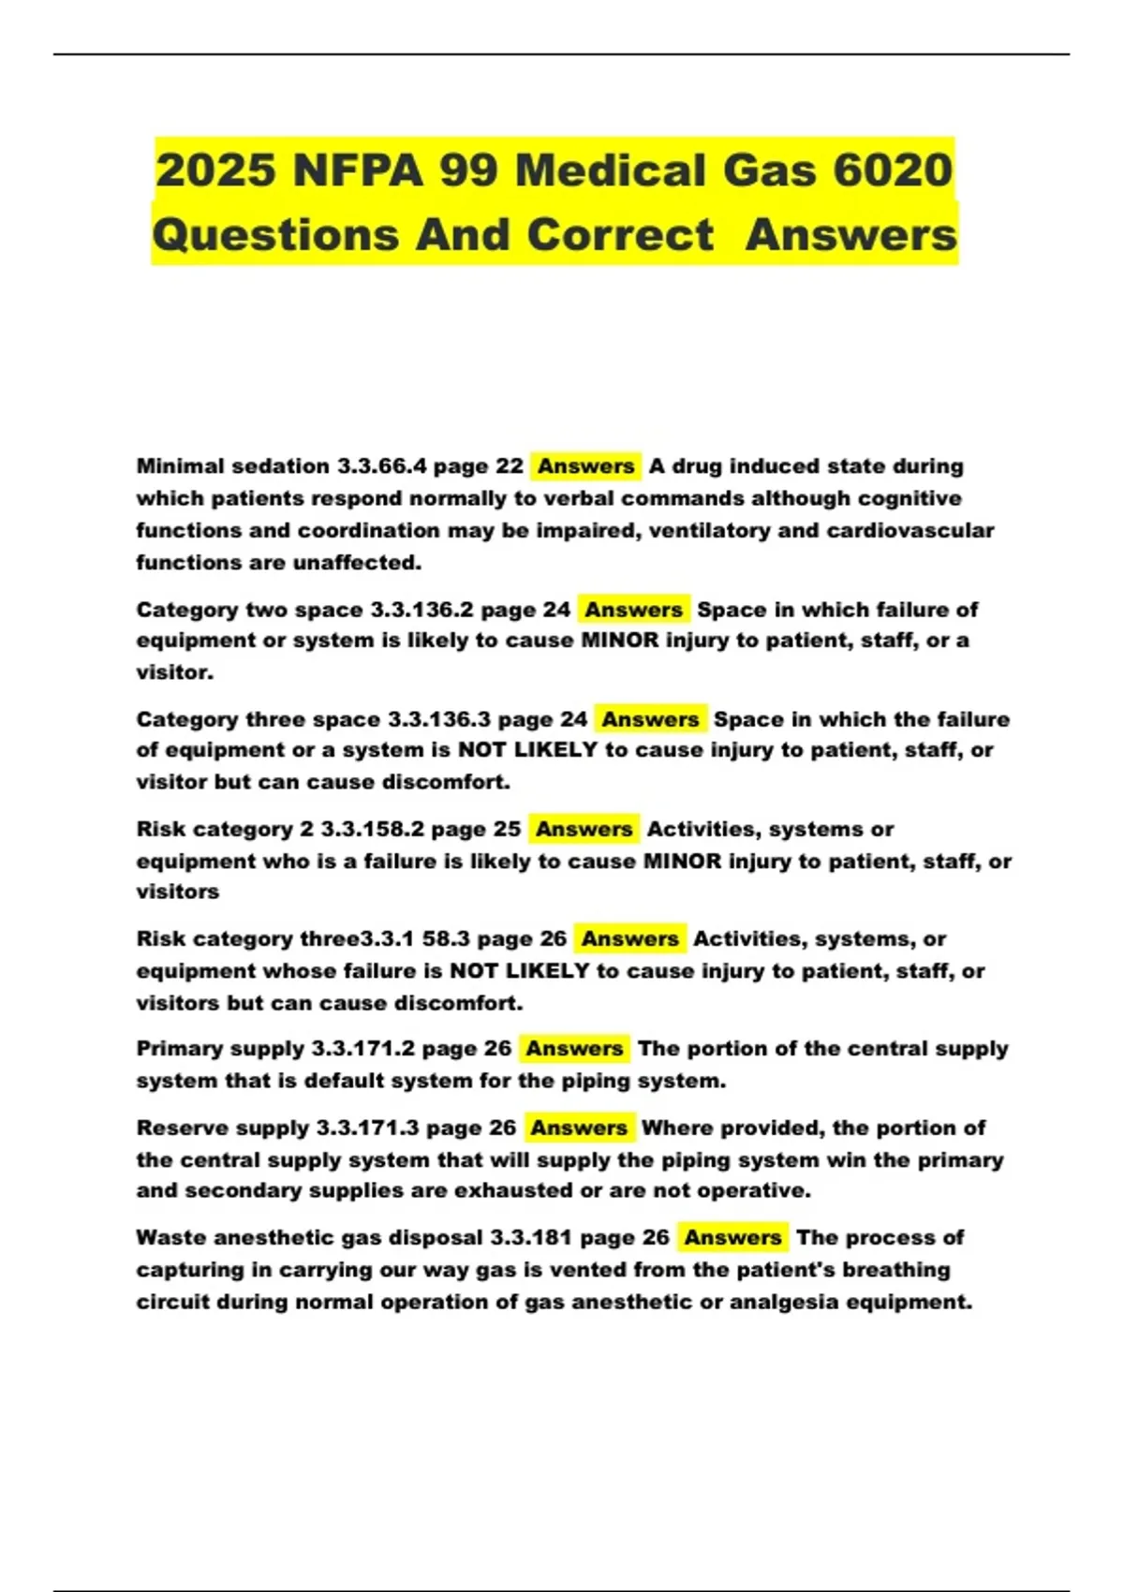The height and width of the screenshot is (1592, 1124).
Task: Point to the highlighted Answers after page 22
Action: [585, 466]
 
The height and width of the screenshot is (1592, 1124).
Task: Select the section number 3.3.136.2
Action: [421, 610]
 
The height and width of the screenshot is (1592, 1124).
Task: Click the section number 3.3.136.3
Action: [438, 719]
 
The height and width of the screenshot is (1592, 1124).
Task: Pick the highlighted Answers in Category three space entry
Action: [650, 719]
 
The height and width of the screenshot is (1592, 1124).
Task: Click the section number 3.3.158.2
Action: [372, 829]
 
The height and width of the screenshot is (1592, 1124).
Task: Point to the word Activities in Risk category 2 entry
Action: [698, 829]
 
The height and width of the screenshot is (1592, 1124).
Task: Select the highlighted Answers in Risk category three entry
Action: [629, 938]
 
